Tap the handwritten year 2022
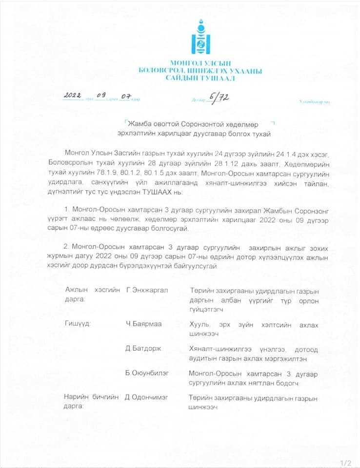pos(75,95)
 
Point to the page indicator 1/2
pos(346,462)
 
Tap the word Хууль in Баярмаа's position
pos(199,323)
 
